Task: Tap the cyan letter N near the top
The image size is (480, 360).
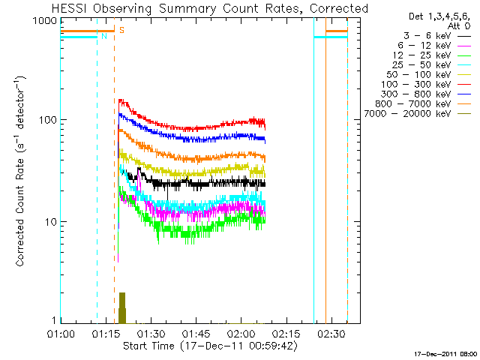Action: pyautogui.click(x=103, y=36)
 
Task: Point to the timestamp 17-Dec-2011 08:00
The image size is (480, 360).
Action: pyautogui.click(x=445, y=352)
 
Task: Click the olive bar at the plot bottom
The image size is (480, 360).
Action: pyautogui.click(x=122, y=307)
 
